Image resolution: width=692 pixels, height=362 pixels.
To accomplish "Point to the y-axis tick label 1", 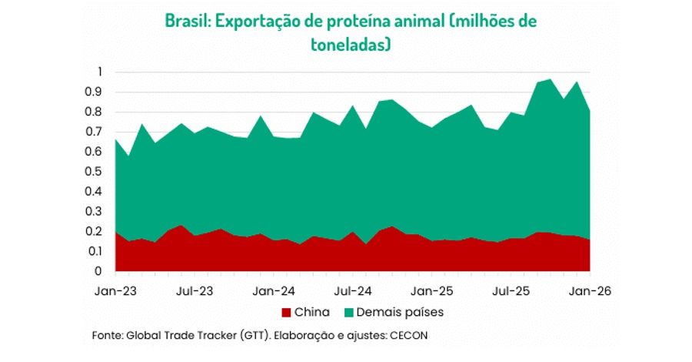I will pyautogui.click(x=99, y=72).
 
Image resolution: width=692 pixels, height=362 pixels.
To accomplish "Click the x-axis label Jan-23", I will pyautogui.click(x=115, y=292).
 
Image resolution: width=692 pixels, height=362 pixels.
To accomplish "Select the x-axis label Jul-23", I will pyautogui.click(x=195, y=292).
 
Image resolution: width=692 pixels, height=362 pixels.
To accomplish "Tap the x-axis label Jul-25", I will pyautogui.click(x=511, y=292).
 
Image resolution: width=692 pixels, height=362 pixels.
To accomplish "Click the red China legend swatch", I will pyautogui.click(x=288, y=313).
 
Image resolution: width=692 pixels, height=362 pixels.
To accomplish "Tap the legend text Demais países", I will pyautogui.click(x=401, y=313).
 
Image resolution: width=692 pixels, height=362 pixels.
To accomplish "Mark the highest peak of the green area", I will pyautogui.click(x=550, y=79).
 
